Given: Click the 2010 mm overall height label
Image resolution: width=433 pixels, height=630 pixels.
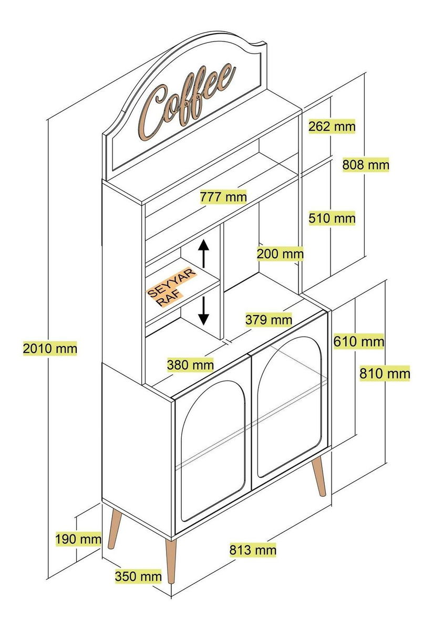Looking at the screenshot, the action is coord(50,349).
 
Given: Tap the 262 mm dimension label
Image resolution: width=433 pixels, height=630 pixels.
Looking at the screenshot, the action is coord(332,127).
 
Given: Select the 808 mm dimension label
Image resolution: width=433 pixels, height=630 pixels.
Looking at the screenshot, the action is coord(365,164).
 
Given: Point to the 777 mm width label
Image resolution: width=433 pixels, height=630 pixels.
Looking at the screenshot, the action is coord(223,196).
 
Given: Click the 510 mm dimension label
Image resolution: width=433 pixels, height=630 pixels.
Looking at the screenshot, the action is coord(332,218).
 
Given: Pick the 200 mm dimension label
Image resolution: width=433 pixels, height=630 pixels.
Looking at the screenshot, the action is coord(280,254).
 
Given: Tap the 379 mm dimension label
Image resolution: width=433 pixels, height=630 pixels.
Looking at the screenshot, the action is coord(269,320).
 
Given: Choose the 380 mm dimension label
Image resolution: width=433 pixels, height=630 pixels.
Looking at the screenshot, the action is coord(190,365).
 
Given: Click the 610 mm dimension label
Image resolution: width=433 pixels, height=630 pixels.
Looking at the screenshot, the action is coord(359,341).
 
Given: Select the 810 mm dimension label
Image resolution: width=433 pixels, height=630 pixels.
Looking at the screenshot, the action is coord(385,373).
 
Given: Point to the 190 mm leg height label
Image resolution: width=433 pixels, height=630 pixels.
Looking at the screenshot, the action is coord(78,539).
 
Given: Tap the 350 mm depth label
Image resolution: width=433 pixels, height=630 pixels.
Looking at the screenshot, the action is coord(138,576).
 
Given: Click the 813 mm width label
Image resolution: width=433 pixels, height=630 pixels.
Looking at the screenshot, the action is coord(253,550).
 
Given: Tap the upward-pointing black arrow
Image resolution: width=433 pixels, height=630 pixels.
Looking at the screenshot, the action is coord(203,254).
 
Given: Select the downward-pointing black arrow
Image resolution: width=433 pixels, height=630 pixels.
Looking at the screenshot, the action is coord(203,311).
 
